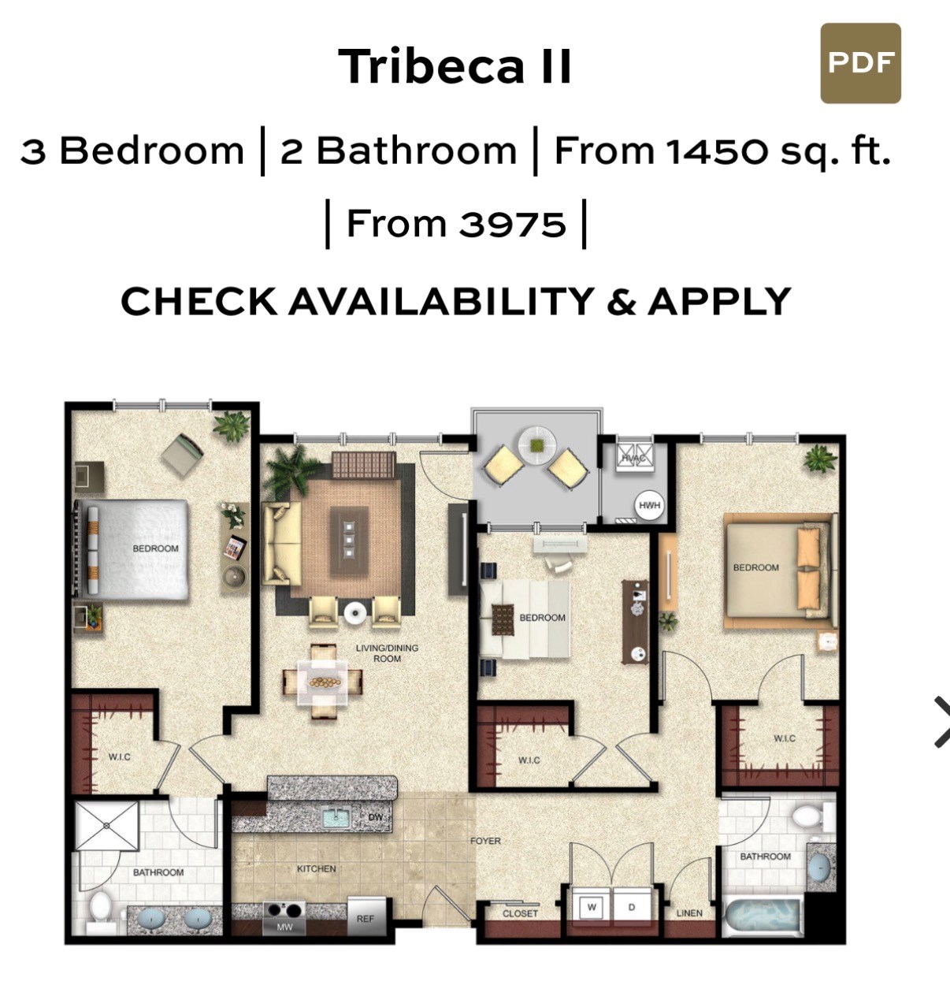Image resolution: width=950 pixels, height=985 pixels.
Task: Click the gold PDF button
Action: (860, 63)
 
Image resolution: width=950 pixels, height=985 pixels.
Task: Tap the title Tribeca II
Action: (455, 66)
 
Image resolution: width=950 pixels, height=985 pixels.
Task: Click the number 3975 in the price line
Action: (512, 225)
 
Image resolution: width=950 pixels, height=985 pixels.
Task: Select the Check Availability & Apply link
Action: (455, 301)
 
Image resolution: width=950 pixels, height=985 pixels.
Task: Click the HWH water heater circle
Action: (649, 505)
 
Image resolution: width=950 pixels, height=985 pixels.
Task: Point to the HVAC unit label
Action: (633, 459)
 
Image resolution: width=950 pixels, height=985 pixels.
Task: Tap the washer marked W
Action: (591, 907)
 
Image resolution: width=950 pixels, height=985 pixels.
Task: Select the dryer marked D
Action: (632, 907)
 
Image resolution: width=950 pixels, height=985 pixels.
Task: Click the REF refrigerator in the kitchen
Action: (366, 916)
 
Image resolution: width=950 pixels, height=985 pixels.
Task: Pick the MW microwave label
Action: (284, 927)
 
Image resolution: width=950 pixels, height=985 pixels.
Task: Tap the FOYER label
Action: (485, 841)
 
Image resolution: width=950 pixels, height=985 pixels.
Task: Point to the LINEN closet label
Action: (689, 913)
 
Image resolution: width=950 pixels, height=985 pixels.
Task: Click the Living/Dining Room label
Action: (388, 653)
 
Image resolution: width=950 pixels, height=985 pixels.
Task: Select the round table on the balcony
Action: (537, 445)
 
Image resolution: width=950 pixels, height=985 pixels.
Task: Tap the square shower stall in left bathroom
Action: (106, 826)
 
